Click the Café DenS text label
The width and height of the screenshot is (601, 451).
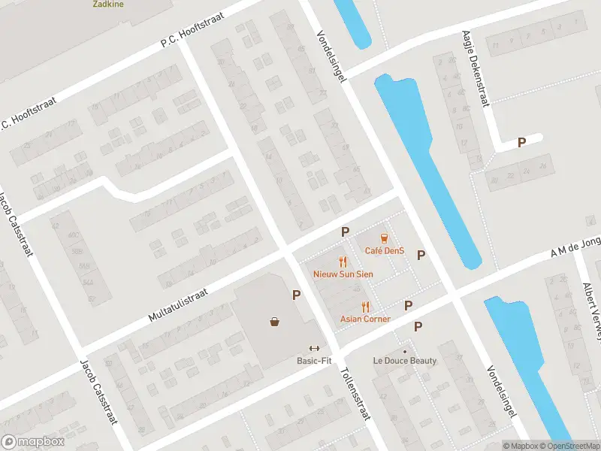385,250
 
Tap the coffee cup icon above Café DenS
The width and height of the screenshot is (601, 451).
384,238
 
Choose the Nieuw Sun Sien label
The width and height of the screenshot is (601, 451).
343,274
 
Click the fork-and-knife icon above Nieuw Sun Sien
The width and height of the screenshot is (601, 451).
343,262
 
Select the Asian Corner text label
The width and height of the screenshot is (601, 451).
365,319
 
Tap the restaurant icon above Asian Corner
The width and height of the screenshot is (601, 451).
366,306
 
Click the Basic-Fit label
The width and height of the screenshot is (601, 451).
314,360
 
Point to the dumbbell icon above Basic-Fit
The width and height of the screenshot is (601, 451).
314,347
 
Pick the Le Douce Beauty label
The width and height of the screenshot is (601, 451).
405,361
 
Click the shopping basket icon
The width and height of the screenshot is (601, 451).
276,322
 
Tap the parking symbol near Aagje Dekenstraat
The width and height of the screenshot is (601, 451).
521,142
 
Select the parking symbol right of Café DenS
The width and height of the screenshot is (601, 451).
421,255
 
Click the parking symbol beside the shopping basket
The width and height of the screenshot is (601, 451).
297,295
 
